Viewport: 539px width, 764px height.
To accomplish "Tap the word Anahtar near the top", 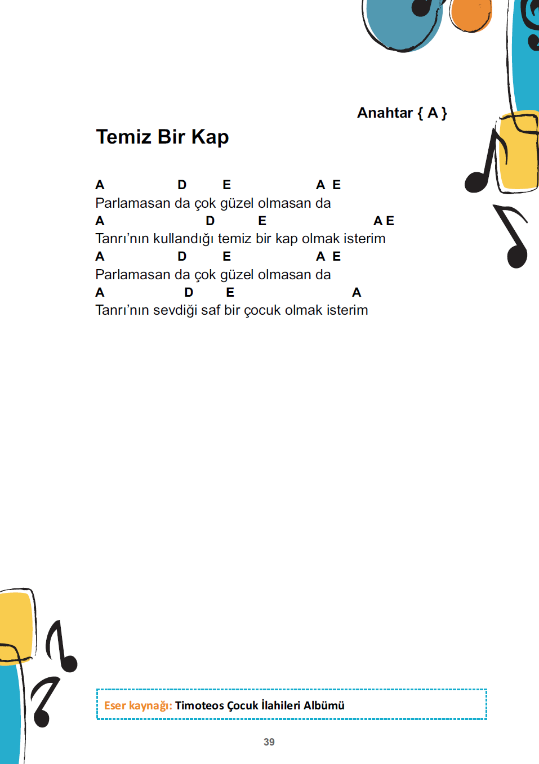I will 385,113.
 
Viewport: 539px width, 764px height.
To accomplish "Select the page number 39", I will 269,742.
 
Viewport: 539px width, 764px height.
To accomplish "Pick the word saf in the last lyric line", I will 210,310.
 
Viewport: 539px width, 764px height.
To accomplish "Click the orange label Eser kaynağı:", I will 138,705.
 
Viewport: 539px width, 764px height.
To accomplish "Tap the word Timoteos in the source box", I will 199,705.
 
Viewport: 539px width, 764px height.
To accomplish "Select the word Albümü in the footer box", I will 324,705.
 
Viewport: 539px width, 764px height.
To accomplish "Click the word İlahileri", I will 280,705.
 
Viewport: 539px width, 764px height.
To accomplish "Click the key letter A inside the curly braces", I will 433,113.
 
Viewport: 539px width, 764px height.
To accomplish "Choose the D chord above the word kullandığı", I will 210,221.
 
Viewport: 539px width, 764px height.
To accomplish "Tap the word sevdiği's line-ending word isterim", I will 348,310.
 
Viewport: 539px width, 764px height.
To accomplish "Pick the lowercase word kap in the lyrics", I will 286,239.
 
